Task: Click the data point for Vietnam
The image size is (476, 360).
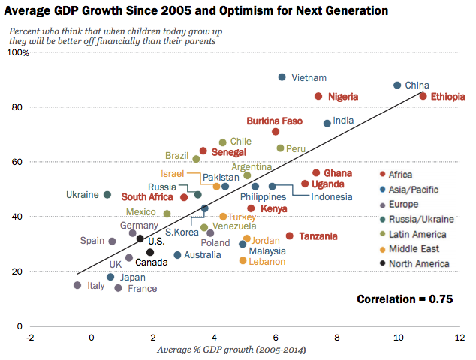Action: (282, 77)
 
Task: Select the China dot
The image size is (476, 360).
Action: (397, 85)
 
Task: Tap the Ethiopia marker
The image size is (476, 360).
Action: (423, 96)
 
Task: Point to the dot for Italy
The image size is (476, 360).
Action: (77, 285)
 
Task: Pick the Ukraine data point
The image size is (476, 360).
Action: (107, 195)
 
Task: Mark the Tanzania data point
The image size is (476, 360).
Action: (289, 236)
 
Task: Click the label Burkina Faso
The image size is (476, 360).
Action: (275, 121)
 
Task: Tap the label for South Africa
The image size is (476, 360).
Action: (148, 198)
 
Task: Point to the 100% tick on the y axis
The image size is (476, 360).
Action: (17, 53)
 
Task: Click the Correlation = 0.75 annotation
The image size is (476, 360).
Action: (405, 298)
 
